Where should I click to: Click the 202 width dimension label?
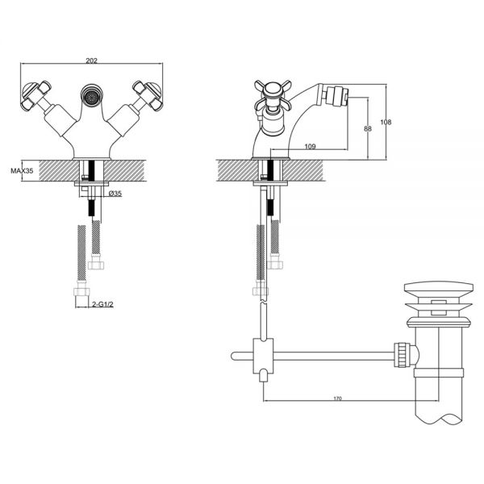click(x=91, y=60)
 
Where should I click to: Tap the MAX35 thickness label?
click(x=22, y=171)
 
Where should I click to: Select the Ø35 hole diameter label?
click(x=115, y=194)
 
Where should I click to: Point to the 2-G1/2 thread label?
click(x=102, y=304)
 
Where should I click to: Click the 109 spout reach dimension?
click(x=310, y=146)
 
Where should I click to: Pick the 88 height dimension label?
click(x=368, y=128)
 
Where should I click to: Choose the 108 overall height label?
click(x=386, y=123)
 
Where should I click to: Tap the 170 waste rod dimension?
click(x=338, y=398)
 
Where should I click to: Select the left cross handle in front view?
click(x=35, y=96)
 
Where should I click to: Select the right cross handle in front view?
click(x=148, y=96)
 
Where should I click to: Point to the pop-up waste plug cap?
click(x=438, y=288)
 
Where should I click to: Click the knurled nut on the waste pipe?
click(x=402, y=355)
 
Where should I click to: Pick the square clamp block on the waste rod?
click(x=263, y=356)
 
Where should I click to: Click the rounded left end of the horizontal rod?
click(x=234, y=357)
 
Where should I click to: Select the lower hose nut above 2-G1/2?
click(x=81, y=292)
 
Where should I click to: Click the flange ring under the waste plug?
click(x=439, y=323)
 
